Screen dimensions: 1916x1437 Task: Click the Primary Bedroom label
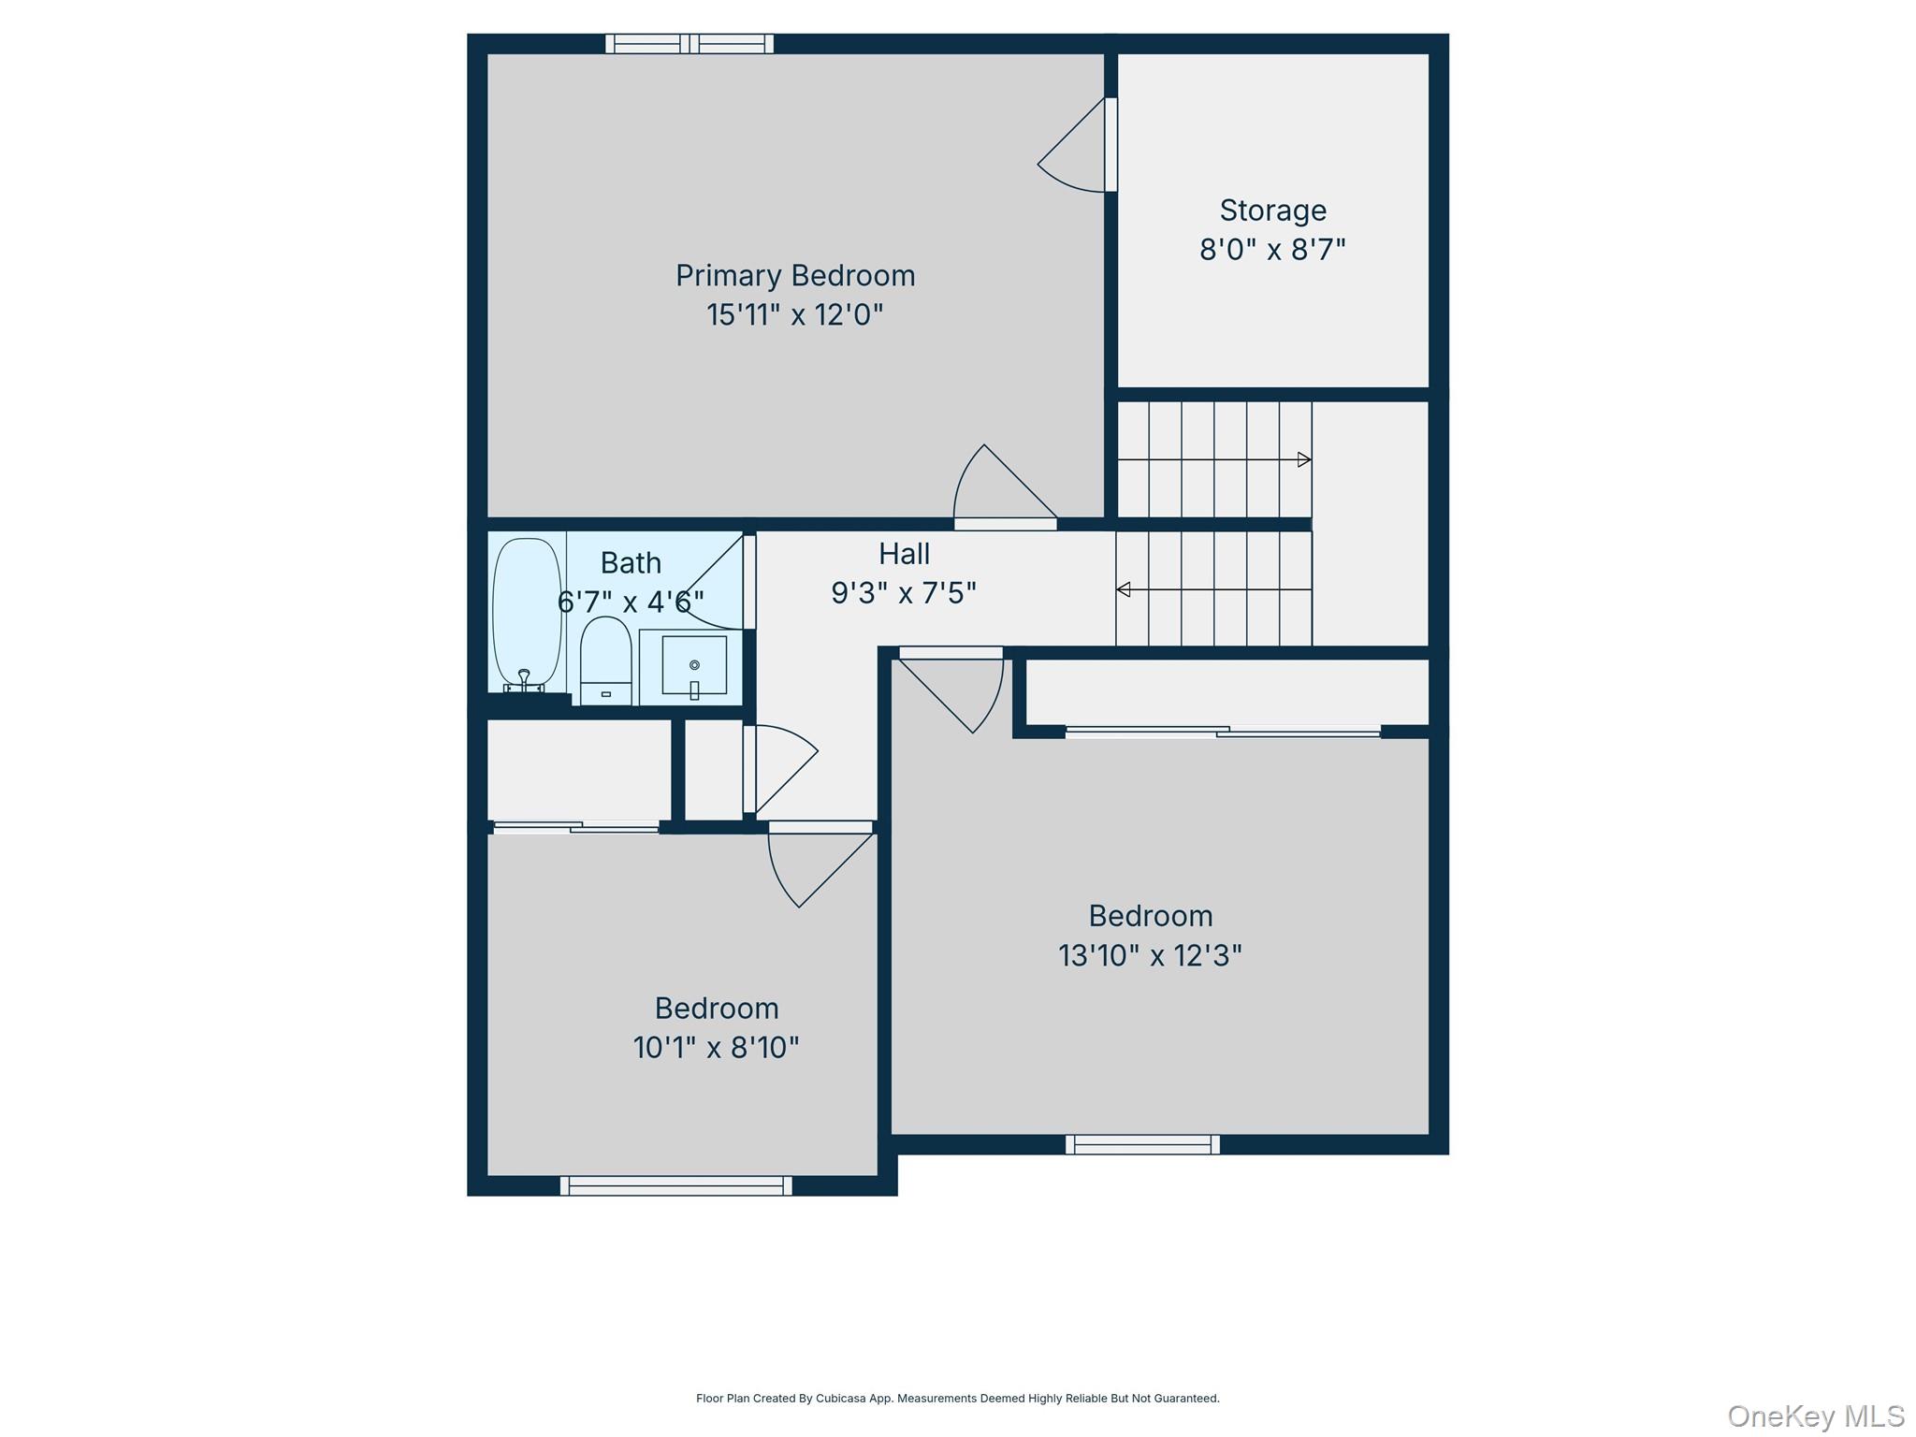pos(795,276)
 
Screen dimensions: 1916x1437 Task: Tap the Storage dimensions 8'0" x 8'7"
pos(1272,250)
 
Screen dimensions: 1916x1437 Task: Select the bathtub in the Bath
pos(527,614)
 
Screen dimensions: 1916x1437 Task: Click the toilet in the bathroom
pos(605,660)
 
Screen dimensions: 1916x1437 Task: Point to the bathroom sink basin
pos(694,665)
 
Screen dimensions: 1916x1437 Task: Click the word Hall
pos(904,554)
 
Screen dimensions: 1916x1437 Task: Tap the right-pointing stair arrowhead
pos(1304,459)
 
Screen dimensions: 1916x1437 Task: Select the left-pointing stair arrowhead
pos(1124,589)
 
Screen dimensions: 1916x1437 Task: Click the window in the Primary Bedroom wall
pos(689,43)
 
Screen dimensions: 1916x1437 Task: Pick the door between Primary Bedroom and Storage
pos(1076,145)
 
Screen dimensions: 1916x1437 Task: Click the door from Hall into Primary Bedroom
pos(1006,486)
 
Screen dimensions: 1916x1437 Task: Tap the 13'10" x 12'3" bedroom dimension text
pos(1150,955)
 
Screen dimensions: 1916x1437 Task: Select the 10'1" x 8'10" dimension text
pos(717,1047)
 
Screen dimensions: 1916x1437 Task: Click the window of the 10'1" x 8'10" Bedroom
pos(676,1185)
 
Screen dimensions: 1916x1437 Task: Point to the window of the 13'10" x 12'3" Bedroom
pos(1142,1144)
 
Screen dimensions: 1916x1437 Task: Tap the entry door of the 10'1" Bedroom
pos(821,865)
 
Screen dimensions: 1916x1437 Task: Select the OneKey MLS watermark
pos(1816,1416)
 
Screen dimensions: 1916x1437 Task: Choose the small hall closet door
pos(780,769)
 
